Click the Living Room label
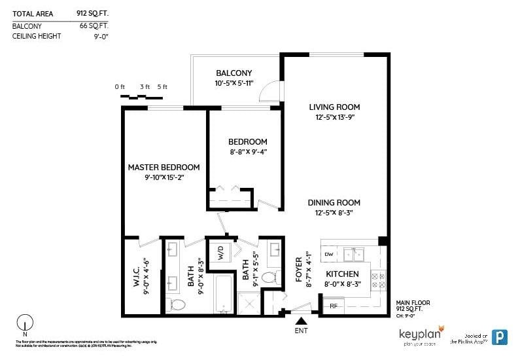click(x=334, y=107)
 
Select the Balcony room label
click(x=233, y=73)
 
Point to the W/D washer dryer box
click(x=221, y=252)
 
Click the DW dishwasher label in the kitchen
click(x=328, y=254)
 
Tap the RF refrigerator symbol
click(x=333, y=305)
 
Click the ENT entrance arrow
click(x=302, y=321)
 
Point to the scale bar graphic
click(x=141, y=97)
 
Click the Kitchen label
click(x=342, y=274)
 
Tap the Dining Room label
click(x=334, y=203)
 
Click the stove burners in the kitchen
click(x=378, y=281)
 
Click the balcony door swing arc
click(x=268, y=93)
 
